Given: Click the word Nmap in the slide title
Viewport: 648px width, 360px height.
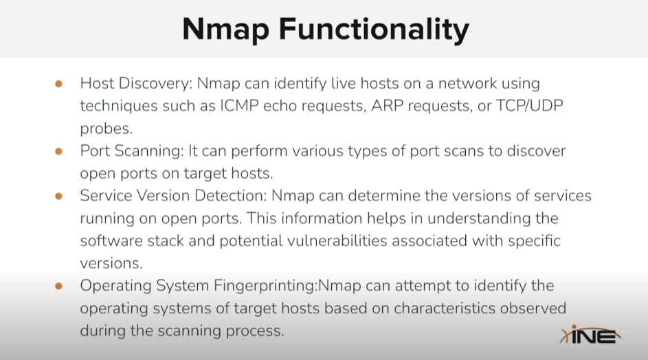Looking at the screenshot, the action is [225, 30].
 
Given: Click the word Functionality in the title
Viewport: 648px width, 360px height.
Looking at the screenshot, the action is [374, 30].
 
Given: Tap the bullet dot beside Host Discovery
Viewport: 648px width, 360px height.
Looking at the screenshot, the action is [58, 84].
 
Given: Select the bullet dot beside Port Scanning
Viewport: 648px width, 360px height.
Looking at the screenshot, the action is [58, 151].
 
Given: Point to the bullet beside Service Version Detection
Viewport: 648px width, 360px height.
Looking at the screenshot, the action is [58, 196].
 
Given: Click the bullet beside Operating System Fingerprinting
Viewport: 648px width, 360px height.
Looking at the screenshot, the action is [58, 286].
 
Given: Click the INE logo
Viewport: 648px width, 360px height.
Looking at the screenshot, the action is [590, 335].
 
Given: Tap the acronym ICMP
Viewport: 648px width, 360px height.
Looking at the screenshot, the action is [239, 106].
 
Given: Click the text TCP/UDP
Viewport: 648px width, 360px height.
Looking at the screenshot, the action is [529, 106].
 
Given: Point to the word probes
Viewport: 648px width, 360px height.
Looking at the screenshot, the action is [107, 128].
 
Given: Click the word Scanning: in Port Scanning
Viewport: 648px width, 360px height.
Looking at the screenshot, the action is [149, 151].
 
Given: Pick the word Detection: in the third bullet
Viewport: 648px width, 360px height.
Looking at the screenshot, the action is [231, 196].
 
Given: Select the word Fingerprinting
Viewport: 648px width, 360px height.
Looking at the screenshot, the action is [265, 286].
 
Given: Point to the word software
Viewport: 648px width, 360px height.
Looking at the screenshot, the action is [111, 240].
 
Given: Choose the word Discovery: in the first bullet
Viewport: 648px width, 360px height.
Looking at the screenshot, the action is [155, 84].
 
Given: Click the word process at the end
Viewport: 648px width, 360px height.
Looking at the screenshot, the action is [254, 331].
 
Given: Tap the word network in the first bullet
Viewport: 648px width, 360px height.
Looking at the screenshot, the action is [467, 84].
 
